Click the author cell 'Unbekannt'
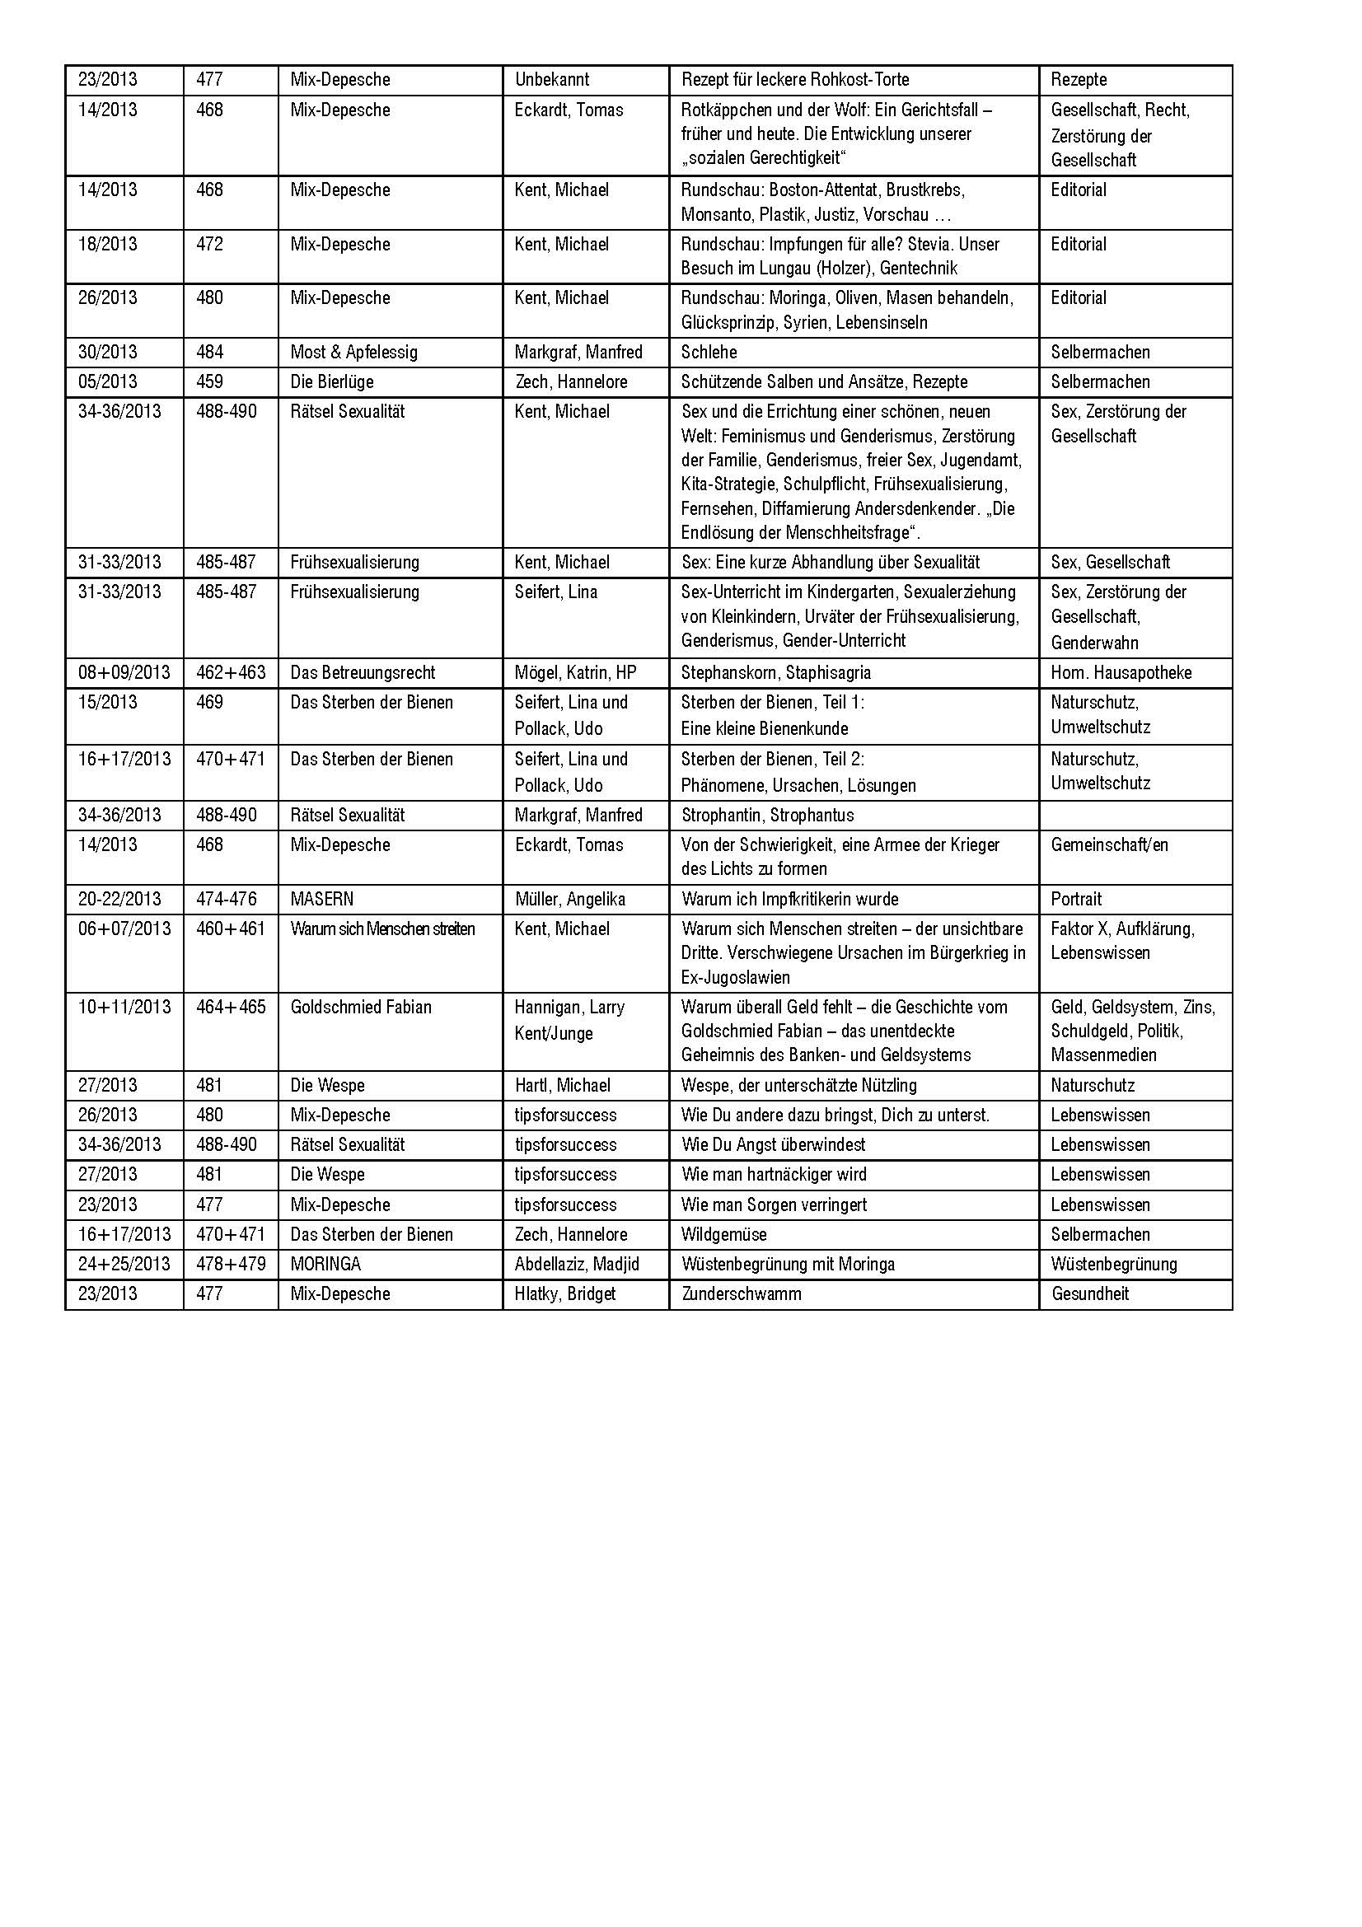551,80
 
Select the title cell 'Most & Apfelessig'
353,353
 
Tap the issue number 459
210,382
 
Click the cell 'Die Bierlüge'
331,382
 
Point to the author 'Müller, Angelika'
570,900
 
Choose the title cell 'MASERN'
321,900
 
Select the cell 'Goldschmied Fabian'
361,1007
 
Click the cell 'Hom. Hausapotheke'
1121,673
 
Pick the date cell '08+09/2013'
124,673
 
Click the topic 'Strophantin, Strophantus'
767,816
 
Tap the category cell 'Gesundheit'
1090,1293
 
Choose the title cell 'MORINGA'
325,1264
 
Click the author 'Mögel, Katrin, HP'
575,673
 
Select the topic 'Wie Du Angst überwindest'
773,1145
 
